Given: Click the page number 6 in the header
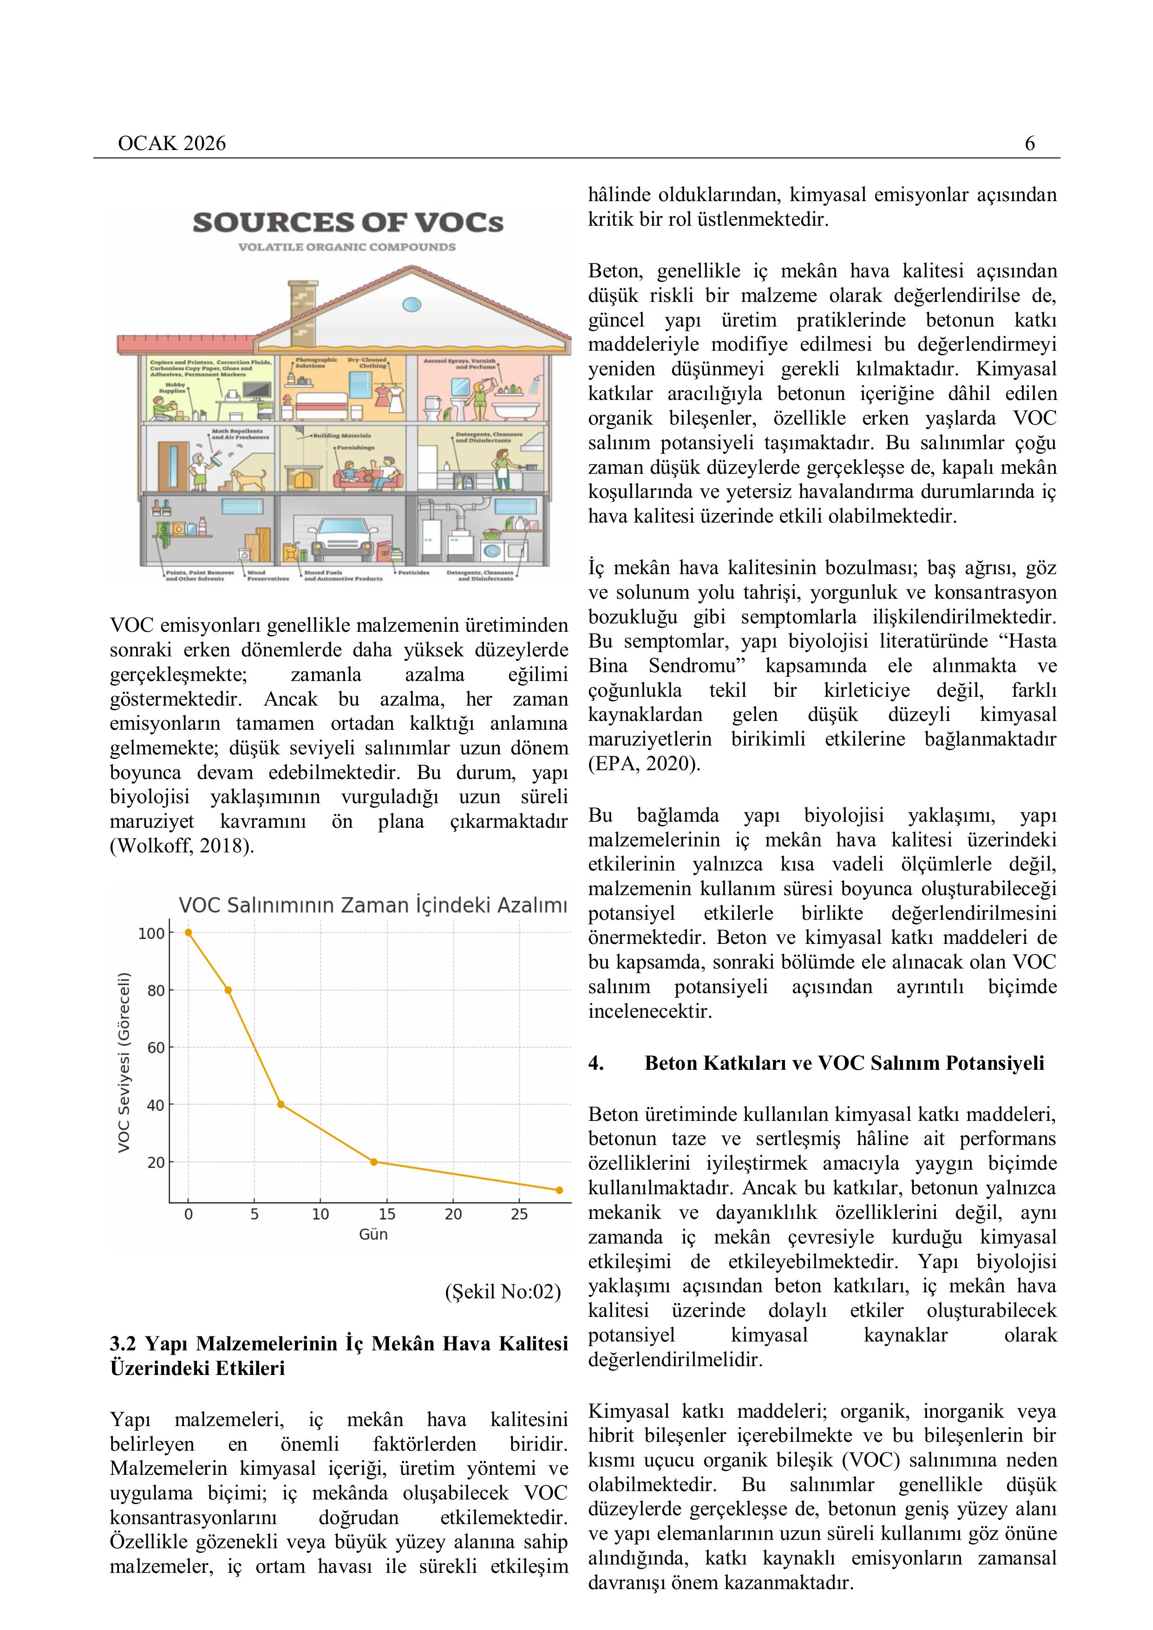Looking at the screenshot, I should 1029,144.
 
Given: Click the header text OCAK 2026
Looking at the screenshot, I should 172,144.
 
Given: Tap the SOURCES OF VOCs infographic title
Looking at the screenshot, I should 348,223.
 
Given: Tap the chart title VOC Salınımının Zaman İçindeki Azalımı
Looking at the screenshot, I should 373,906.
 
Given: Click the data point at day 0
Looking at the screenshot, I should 188,933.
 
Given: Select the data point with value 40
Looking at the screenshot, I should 281,1105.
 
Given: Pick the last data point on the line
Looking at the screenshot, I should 559,1191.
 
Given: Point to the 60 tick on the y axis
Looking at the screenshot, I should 156,1048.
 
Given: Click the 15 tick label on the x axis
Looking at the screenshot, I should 387,1215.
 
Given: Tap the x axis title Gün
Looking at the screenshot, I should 373,1235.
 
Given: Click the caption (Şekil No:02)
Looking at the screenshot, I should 503,1291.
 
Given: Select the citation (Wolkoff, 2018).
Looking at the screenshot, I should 182,846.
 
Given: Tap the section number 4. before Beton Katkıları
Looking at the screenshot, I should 596,1063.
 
